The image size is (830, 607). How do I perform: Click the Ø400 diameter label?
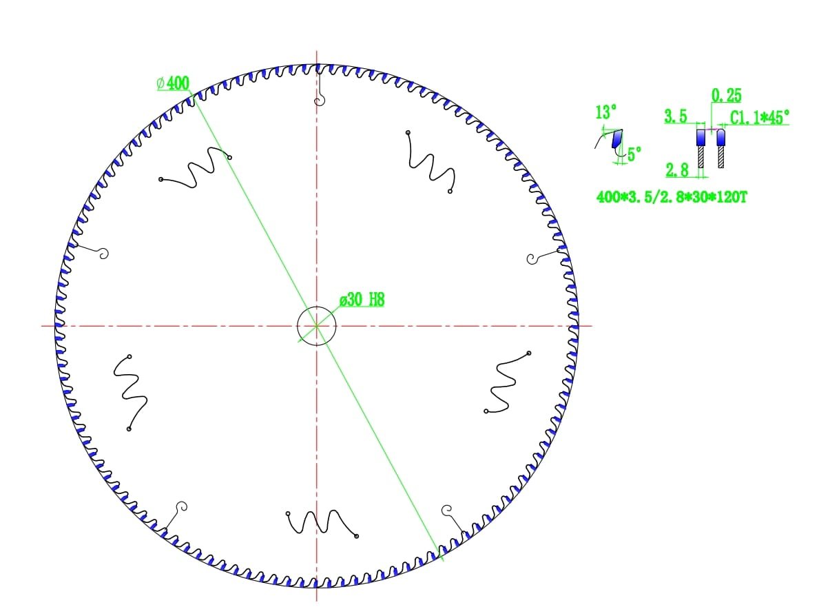pos(173,83)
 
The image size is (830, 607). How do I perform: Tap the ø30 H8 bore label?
pos(362,300)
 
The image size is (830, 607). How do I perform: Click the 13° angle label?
pos(606,112)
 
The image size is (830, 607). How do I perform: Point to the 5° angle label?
pos(634,154)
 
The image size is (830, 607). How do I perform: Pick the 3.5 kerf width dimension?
pos(676,116)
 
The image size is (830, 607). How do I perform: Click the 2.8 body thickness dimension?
pos(677,170)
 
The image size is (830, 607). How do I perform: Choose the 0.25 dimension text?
pos(726,96)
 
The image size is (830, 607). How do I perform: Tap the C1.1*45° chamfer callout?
pos(760,117)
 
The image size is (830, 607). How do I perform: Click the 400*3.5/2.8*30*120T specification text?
pos(672,197)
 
